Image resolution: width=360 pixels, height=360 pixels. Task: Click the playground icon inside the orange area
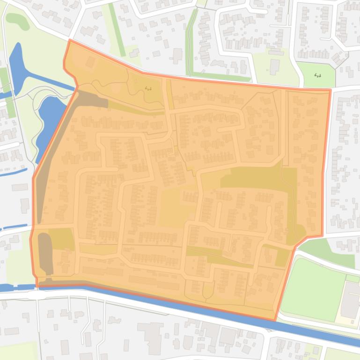[x=149, y=88]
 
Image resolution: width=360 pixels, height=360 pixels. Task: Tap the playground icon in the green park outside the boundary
[x=318, y=75]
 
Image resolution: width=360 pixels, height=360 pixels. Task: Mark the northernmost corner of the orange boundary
[x=70, y=40]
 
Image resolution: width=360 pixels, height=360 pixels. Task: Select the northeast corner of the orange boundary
[x=330, y=89]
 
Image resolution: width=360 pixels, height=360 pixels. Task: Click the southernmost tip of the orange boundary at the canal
[x=276, y=320]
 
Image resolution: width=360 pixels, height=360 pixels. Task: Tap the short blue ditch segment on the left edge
[x=14, y=228]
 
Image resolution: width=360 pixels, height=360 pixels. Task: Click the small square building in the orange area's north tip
[x=89, y=62]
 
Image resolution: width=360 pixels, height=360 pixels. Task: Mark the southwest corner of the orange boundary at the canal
[x=37, y=286]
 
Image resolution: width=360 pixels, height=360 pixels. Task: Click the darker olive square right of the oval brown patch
[x=63, y=239]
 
